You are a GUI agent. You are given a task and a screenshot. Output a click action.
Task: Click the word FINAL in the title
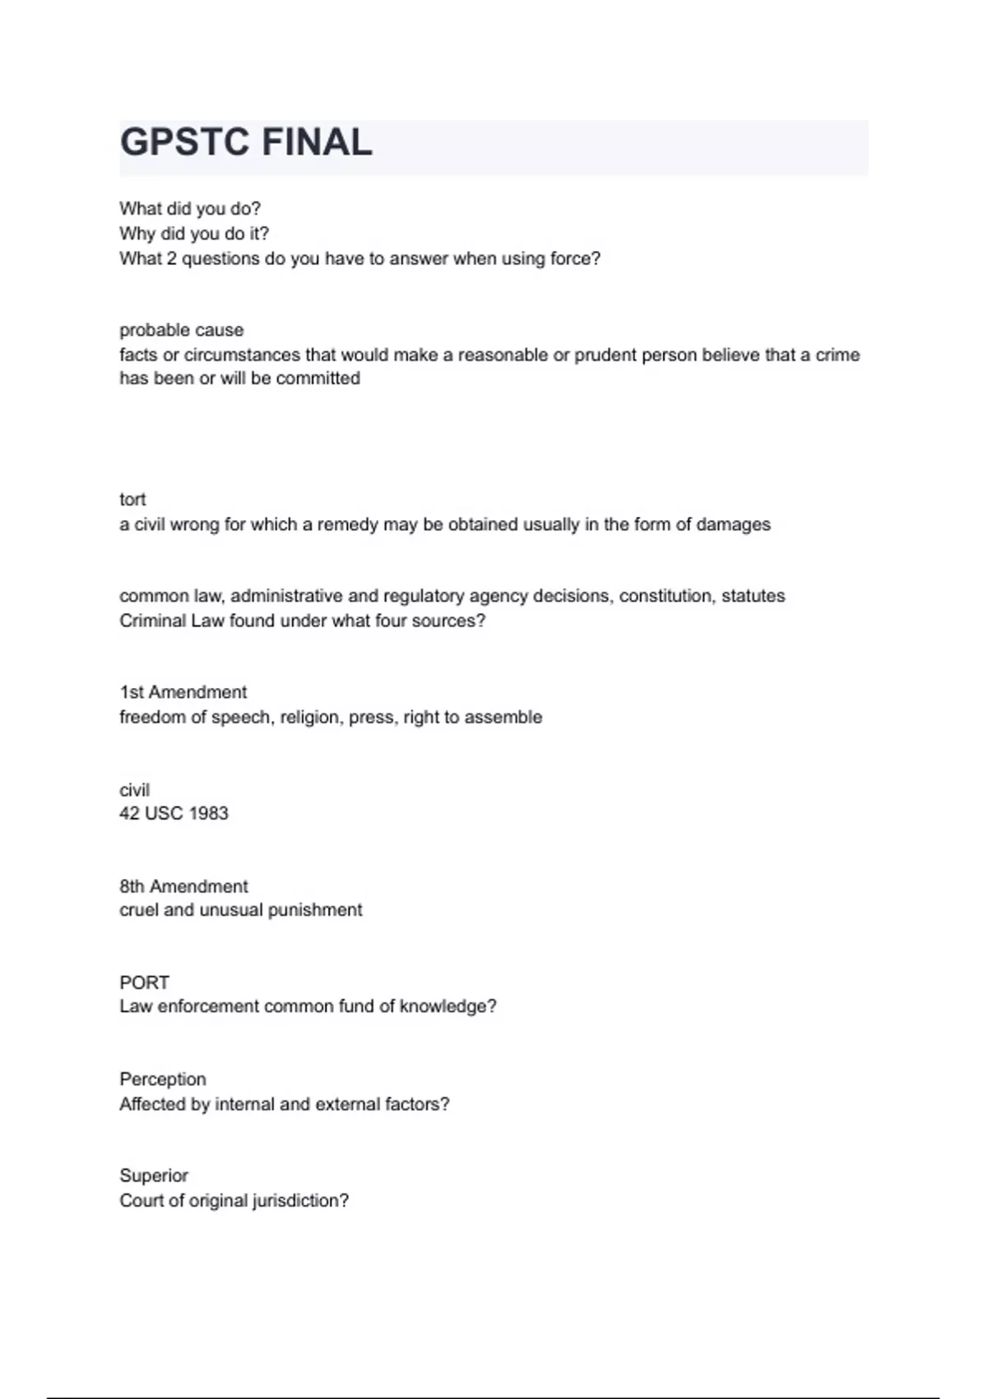click(x=317, y=142)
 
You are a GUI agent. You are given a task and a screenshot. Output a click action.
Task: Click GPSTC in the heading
click(x=184, y=142)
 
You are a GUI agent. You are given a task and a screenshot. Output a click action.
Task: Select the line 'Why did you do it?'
click(x=194, y=234)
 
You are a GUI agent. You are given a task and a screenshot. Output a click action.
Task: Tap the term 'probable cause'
click(x=181, y=330)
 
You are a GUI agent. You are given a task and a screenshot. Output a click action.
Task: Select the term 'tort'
click(x=132, y=500)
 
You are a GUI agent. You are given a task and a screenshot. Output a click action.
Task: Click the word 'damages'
click(x=733, y=524)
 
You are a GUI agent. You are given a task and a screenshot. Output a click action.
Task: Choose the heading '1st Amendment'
click(x=183, y=692)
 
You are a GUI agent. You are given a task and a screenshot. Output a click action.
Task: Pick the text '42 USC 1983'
click(x=174, y=813)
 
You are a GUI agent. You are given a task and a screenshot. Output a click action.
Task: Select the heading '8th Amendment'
click(x=183, y=886)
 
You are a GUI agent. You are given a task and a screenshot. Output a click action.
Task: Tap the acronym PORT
click(x=144, y=983)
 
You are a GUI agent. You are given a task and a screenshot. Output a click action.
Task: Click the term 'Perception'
click(x=163, y=1079)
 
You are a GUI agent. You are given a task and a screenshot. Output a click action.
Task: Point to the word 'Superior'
click(x=154, y=1175)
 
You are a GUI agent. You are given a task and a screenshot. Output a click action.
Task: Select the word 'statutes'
click(x=753, y=596)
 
